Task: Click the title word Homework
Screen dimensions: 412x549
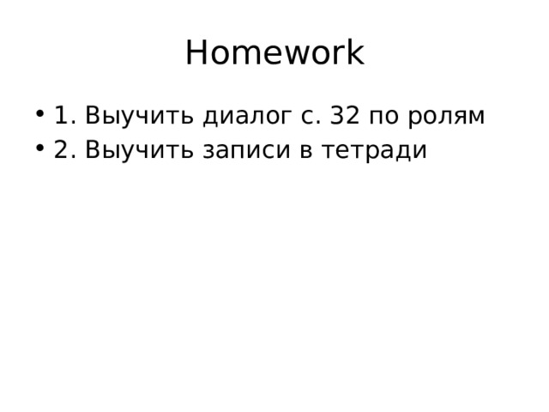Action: (x=274, y=53)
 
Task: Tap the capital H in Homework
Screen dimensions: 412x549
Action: (x=196, y=53)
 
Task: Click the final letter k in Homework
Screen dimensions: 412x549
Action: (x=354, y=53)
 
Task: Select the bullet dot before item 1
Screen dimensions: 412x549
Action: (x=42, y=115)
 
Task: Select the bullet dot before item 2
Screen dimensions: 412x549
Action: (x=42, y=150)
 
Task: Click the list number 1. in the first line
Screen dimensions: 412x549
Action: (x=64, y=114)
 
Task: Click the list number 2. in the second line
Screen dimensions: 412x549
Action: (x=64, y=149)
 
